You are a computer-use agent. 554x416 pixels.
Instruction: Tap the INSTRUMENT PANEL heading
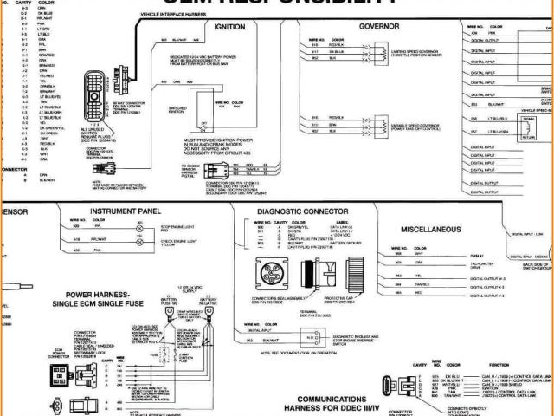(126, 211)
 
